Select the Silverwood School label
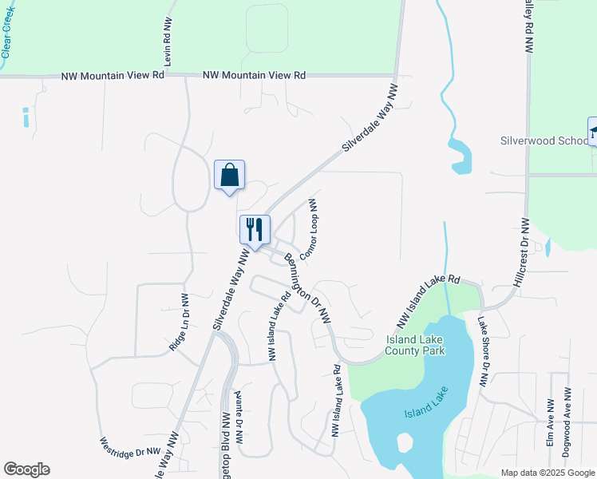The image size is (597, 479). [544, 141]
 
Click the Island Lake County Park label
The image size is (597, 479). [415, 345]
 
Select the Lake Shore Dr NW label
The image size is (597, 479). [482, 352]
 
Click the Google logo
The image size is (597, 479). [26, 469]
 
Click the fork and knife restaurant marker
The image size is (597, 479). [255, 229]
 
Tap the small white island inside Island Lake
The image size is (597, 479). [405, 441]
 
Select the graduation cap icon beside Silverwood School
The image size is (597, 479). [593, 131]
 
